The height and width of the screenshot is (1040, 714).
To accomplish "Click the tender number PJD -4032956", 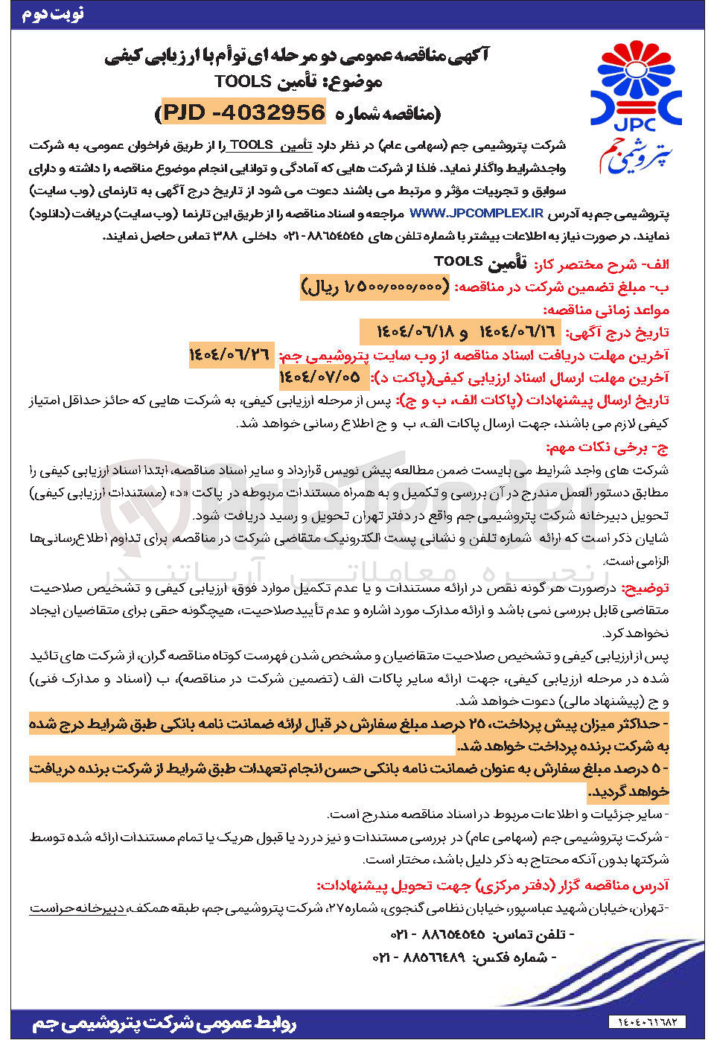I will (244, 112).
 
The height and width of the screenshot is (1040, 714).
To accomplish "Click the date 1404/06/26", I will (230, 355).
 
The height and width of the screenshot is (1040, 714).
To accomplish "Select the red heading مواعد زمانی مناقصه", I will (605, 309).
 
